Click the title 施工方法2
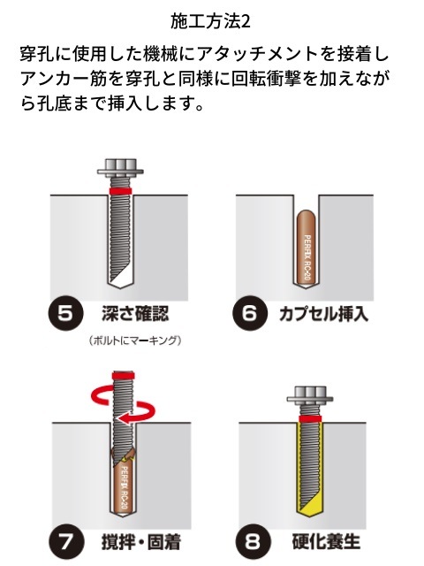pyautogui.click(x=210, y=22)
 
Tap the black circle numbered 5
pyautogui.click(x=65, y=312)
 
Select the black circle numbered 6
pyautogui.click(x=250, y=312)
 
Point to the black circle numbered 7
pyautogui.click(x=66, y=542)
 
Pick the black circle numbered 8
pyautogui.click(x=253, y=542)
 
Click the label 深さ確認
pyautogui.click(x=135, y=313)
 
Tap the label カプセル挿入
pyautogui.click(x=324, y=313)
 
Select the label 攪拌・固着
pyautogui.click(x=141, y=542)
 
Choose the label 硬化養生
pyautogui.click(x=326, y=542)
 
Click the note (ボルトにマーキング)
pyautogui.click(x=135, y=340)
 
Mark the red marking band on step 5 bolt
pyautogui.click(x=120, y=191)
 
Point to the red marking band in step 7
pyautogui.click(x=123, y=375)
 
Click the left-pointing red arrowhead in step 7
pyautogui.click(x=124, y=418)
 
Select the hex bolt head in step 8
pyautogui.click(x=310, y=394)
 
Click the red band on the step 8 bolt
pyautogui.click(x=310, y=418)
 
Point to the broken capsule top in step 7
pyautogui.click(x=124, y=456)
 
